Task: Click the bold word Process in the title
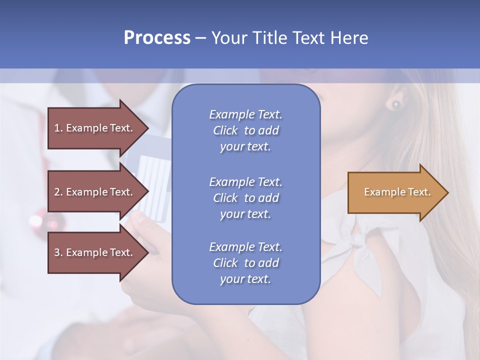coord(157,37)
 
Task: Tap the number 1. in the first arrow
coord(58,128)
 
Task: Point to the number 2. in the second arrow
coord(58,192)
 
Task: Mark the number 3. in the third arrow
coord(58,252)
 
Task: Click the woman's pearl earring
coord(396,104)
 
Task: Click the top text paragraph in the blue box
coord(245,130)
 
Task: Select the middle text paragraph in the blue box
coord(245,197)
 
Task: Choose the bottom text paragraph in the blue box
coord(245,262)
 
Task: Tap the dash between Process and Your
coord(200,37)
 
